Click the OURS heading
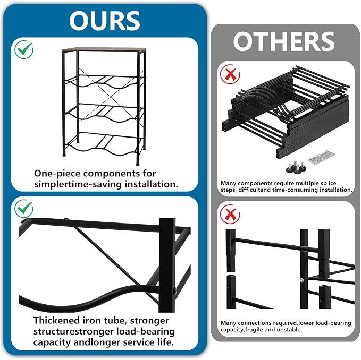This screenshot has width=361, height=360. pyautogui.click(x=104, y=21)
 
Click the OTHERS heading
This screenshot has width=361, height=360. pyautogui.click(x=283, y=41)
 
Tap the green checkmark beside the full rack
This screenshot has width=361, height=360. pyautogui.click(x=24, y=49)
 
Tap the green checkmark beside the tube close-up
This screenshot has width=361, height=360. pyautogui.click(x=24, y=209)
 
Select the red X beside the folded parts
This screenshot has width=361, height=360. pyautogui.click(x=230, y=74)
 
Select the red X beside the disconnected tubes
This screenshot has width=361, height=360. pyautogui.click(x=230, y=215)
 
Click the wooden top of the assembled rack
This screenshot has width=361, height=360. pyautogui.click(x=104, y=49)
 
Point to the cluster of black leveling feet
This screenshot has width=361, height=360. pyautogui.click(x=296, y=167)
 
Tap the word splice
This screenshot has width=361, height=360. pyautogui.click(x=329, y=183)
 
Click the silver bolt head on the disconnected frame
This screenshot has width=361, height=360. pyautogui.click(x=301, y=279)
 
